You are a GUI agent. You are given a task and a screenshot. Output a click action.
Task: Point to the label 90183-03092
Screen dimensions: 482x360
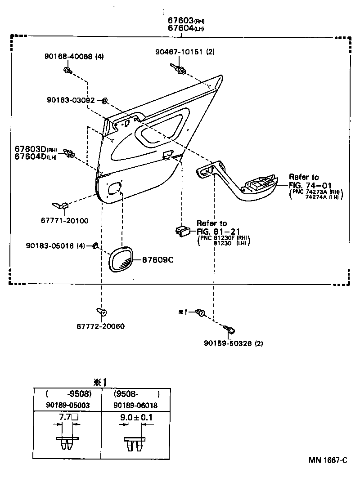pyautogui.click(x=71, y=100)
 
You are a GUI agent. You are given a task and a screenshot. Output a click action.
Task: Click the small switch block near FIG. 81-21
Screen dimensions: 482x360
pyautogui.click(x=183, y=231)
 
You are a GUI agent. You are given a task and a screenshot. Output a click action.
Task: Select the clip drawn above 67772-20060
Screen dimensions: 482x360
pyautogui.click(x=101, y=311)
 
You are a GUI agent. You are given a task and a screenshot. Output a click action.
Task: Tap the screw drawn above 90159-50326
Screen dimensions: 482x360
pyautogui.click(x=231, y=331)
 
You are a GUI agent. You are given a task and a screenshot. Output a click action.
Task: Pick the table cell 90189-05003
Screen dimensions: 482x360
pyautogui.click(x=68, y=405)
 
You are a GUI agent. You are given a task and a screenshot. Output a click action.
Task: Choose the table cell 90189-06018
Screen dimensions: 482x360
pyautogui.click(x=135, y=405)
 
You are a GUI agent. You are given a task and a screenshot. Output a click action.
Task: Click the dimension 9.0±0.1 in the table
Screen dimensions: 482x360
pyautogui.click(x=136, y=417)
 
